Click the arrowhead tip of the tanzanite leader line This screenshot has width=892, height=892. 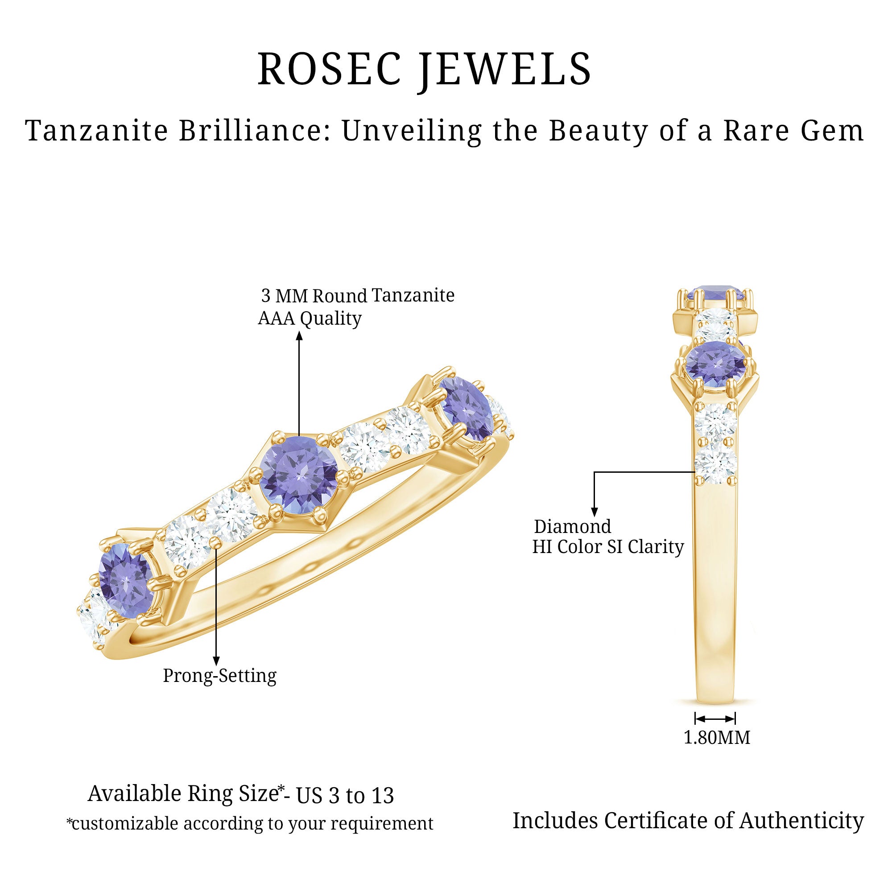pyautogui.click(x=299, y=332)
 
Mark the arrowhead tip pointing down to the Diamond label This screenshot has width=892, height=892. pyautogui.click(x=594, y=516)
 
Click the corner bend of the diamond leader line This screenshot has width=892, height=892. pyautogui.click(x=594, y=472)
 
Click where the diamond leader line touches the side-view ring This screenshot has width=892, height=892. pyautogui.click(x=695, y=472)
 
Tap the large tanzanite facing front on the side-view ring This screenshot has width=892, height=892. pyautogui.click(x=715, y=364)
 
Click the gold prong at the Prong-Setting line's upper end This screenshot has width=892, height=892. pyautogui.click(x=215, y=543)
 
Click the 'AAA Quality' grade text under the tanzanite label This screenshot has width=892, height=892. pyautogui.click(x=310, y=318)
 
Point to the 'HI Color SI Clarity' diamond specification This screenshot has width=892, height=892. pyautogui.click(x=607, y=548)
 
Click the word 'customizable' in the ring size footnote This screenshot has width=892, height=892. pyautogui.click(x=125, y=823)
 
